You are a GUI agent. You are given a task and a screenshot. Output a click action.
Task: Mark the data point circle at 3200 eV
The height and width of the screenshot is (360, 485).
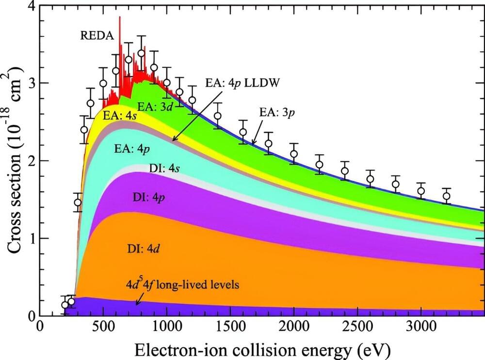446,196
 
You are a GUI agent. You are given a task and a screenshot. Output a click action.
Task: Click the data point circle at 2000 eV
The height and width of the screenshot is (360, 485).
294,154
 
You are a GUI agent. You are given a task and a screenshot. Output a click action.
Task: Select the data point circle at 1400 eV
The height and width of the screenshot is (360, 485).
218,116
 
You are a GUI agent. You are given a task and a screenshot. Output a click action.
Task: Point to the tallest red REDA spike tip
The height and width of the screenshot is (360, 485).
119,17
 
